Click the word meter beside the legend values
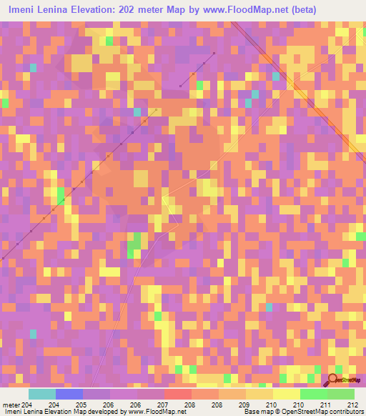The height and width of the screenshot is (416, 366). tap(11, 405)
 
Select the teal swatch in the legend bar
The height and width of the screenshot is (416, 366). tap(41, 394)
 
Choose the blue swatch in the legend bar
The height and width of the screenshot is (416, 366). tap(69, 394)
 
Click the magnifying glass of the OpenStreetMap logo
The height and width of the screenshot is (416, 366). tap(333, 380)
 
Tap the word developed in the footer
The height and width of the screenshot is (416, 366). tap(106, 412)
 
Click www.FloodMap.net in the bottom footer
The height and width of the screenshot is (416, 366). tap(153, 412)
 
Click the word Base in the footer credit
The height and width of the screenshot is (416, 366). tap(250, 412)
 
